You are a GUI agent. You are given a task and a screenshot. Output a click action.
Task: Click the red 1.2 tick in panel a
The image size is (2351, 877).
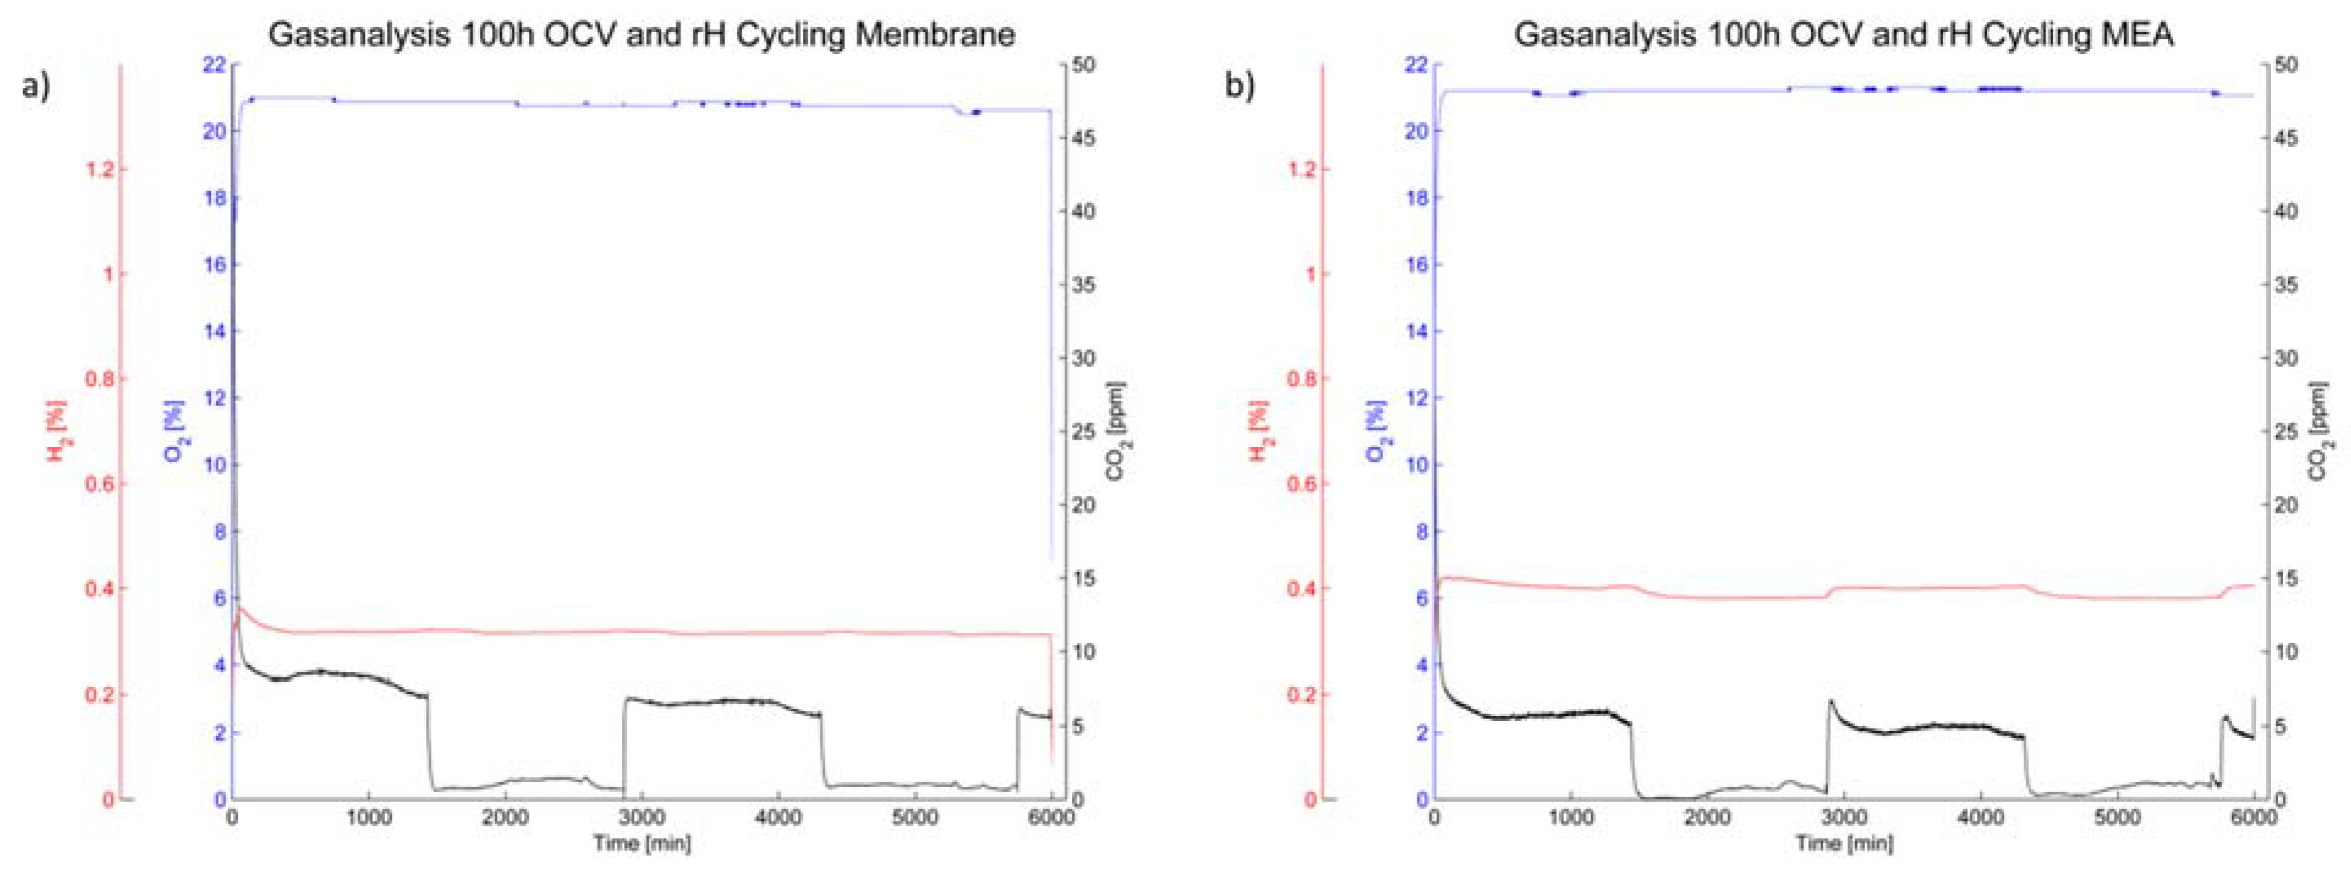coord(105,170)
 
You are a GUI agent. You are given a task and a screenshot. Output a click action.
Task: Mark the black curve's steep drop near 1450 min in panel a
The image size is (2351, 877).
coord(430,744)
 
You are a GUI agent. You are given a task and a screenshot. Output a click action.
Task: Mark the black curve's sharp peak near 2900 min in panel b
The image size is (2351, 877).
coord(1830,703)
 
